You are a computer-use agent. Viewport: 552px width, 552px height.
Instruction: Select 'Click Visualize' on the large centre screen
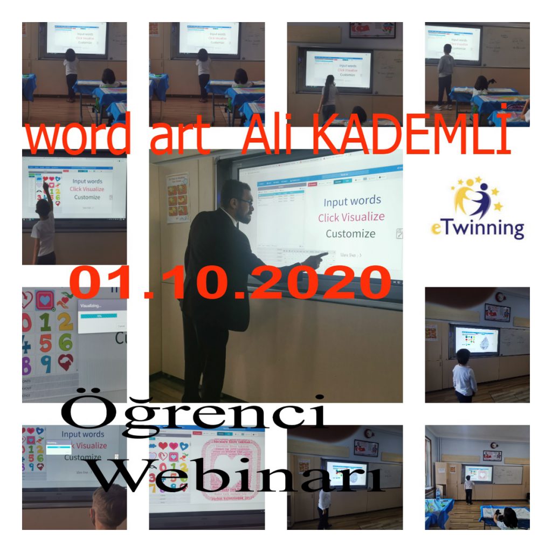[351, 217]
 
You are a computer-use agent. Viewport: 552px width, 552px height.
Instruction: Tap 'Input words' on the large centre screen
[352, 202]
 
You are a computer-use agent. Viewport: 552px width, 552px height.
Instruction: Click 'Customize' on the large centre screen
[350, 234]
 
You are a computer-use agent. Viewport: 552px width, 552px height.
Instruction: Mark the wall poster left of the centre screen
[177, 198]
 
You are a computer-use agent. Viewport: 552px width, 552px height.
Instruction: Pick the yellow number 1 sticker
[45, 322]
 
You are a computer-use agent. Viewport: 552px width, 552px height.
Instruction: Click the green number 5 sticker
[45, 343]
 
